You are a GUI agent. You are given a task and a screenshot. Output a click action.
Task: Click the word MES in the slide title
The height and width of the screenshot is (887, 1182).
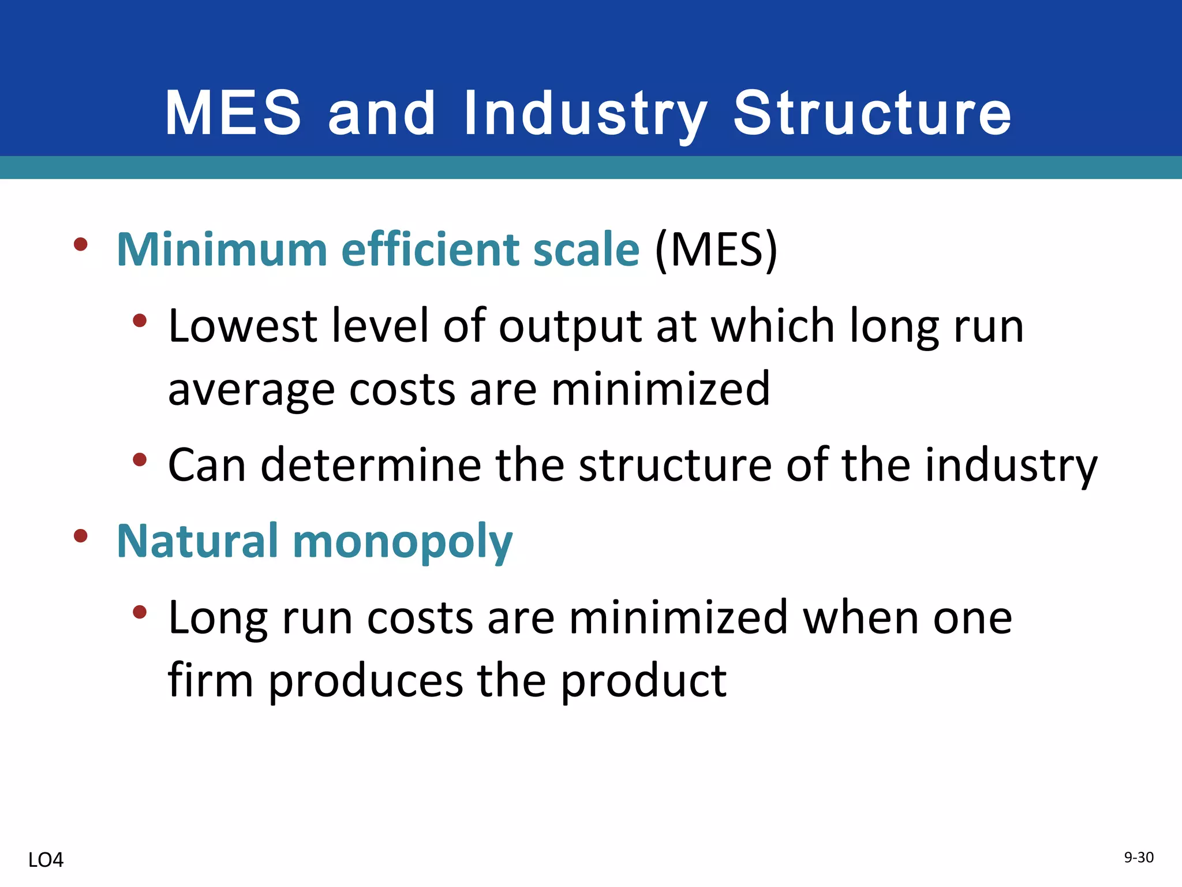pyautogui.click(x=233, y=113)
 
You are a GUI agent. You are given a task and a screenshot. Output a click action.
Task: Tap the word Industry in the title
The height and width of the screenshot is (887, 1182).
pyautogui.click(x=585, y=114)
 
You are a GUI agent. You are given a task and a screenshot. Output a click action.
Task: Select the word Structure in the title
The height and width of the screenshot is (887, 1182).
pyautogui.click(x=872, y=113)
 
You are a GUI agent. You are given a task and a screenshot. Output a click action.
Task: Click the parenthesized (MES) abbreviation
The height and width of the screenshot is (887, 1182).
pyautogui.click(x=716, y=249)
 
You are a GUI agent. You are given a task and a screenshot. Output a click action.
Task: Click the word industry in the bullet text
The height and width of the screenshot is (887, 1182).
pyautogui.click(x=1011, y=465)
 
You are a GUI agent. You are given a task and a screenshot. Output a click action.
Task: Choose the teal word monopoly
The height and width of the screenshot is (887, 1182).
pyautogui.click(x=402, y=543)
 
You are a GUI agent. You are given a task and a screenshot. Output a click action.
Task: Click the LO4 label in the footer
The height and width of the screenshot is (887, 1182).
pyautogui.click(x=46, y=860)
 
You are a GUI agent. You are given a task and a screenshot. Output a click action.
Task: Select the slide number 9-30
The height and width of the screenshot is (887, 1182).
pyautogui.click(x=1138, y=858)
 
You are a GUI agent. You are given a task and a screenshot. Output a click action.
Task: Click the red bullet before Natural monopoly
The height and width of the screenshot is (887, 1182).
pyautogui.click(x=81, y=536)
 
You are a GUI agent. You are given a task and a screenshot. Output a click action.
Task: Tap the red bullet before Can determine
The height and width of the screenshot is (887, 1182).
pyautogui.click(x=139, y=460)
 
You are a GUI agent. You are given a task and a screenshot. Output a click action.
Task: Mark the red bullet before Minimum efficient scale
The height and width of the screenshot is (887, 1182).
pyautogui.click(x=81, y=244)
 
